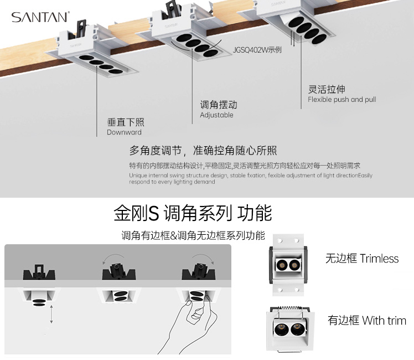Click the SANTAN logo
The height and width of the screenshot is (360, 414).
coord(40,18)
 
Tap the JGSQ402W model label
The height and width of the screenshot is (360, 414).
coord(257,50)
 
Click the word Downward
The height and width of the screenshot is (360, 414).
coord(124,132)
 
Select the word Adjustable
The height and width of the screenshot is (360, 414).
coord(216,115)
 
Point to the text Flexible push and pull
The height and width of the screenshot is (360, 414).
coord(341,100)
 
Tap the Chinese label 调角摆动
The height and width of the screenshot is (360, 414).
coord(218,105)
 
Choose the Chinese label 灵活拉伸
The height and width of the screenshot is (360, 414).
coord(327,89)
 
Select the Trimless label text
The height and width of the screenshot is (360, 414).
coord(362,258)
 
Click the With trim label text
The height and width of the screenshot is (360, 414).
coord(367,320)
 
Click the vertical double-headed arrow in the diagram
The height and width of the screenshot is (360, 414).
coord(51,313)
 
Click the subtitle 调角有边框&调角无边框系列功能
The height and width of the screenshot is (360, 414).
coord(193,235)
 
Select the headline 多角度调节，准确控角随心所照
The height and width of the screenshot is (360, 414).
coord(203,151)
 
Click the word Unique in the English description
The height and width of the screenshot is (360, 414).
coord(138,176)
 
